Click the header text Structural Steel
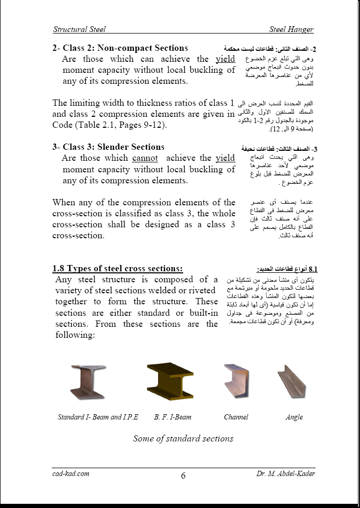pyautogui.click(x=79, y=29)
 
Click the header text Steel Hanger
pyautogui.click(x=291, y=29)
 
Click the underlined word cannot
pyautogui.click(x=145, y=158)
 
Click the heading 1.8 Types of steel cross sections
pyautogui.click(x=117, y=269)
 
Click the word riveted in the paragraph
pyautogui.click(x=200, y=291)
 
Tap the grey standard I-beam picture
pyautogui.click(x=87, y=383)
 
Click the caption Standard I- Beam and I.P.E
pyautogui.click(x=98, y=417)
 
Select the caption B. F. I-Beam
pyautogui.click(x=173, y=417)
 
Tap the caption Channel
pyautogui.click(x=236, y=417)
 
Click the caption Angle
pyautogui.click(x=294, y=417)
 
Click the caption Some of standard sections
pyautogui.click(x=183, y=438)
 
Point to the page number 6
pyautogui.click(x=183, y=476)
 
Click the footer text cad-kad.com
pyautogui.click(x=71, y=473)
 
